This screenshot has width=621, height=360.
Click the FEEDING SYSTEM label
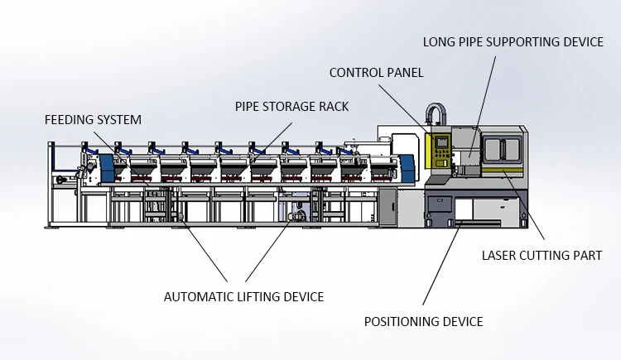pyautogui.click(x=93, y=120)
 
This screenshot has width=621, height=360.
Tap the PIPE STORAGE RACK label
pyautogui.click(x=292, y=107)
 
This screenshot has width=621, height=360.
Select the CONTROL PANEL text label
pyautogui.click(x=376, y=73)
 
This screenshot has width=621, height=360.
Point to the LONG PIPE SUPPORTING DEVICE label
pyautogui.click(x=513, y=42)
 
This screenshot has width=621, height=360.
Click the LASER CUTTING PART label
pyautogui.click(x=542, y=256)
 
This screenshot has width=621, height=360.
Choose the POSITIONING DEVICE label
pyautogui.click(x=423, y=321)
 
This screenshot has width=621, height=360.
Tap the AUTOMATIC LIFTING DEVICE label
pyautogui.click(x=244, y=296)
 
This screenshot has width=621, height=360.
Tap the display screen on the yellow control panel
pyautogui.click(x=441, y=142)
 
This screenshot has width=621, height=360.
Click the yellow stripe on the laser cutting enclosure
pyautogui.click(x=503, y=170)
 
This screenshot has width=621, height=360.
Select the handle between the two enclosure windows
pyautogui.click(x=502, y=150)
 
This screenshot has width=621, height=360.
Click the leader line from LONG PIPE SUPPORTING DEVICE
pyautogui.click(x=483, y=107)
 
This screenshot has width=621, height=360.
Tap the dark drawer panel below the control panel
pyautogui.click(x=439, y=204)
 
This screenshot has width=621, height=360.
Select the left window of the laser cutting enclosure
pyautogui.click(x=492, y=149)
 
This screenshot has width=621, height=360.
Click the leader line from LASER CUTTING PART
pyautogui.click(x=523, y=204)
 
